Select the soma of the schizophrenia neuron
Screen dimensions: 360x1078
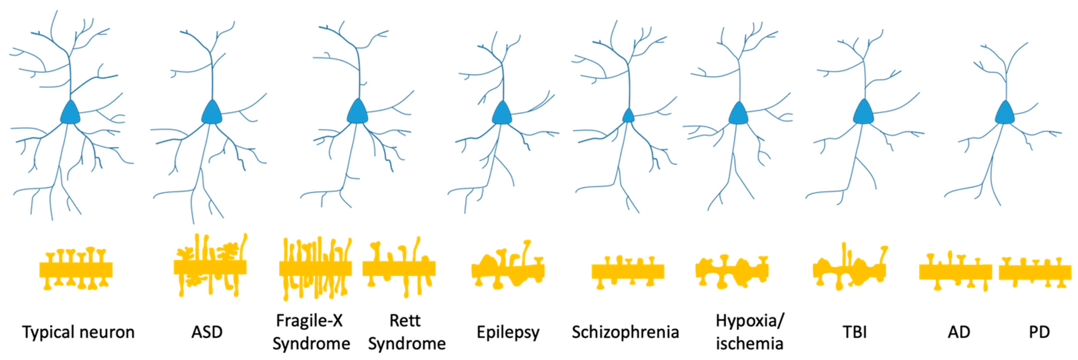(628, 116)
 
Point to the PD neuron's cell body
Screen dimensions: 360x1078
(1004, 113)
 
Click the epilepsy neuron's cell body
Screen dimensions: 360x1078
(502, 113)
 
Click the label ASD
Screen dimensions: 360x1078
(207, 332)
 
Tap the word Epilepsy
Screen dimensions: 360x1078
(508, 333)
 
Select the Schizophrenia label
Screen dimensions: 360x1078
(625, 332)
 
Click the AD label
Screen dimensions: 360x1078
(959, 332)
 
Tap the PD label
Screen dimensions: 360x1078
(1039, 332)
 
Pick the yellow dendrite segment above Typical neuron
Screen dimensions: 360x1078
(76, 270)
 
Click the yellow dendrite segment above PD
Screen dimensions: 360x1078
(1035, 272)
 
